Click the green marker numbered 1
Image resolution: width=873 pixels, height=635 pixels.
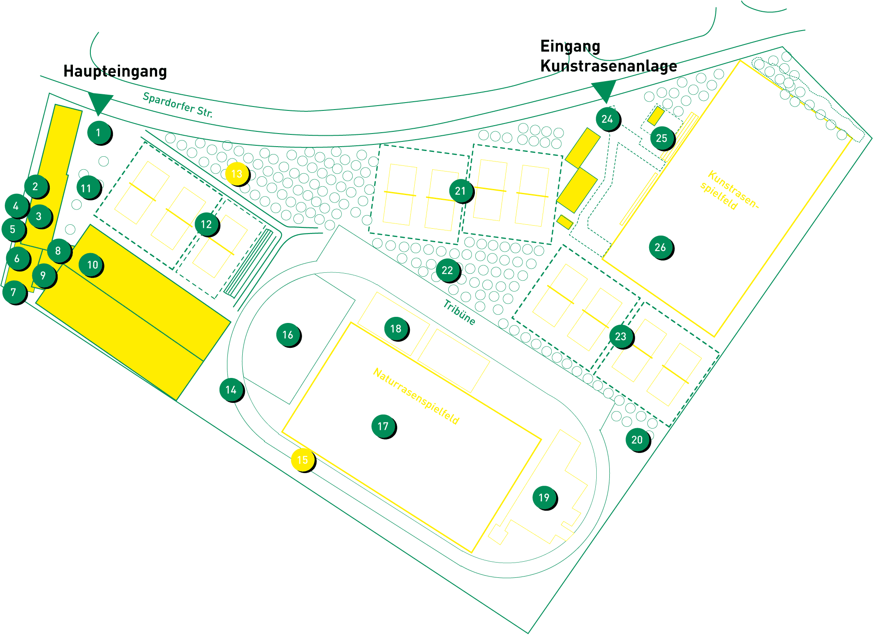[x=99, y=132]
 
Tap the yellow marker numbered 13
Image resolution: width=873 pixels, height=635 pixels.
[x=237, y=174]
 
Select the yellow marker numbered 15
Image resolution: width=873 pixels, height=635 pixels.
[x=302, y=460]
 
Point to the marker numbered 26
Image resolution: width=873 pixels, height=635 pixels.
[x=660, y=247]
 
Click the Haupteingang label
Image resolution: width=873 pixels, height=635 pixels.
[x=115, y=71]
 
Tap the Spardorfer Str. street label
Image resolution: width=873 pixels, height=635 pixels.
[x=178, y=105]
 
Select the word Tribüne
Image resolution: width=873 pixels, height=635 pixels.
[x=459, y=312]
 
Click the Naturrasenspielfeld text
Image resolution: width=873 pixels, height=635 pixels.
[x=416, y=396]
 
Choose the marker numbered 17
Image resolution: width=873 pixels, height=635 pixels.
[x=383, y=426]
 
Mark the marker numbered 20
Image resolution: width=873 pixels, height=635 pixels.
[x=637, y=439]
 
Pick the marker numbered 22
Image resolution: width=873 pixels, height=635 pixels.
[x=447, y=270]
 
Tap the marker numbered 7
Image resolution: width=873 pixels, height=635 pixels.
[x=14, y=292]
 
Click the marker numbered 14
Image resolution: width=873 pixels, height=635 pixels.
[x=231, y=389]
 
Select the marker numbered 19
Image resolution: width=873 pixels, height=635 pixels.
[x=544, y=498]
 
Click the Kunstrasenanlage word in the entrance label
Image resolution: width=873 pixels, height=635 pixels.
[x=608, y=66]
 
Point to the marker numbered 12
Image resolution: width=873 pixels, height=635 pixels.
[x=206, y=224]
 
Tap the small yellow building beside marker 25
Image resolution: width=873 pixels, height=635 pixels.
[x=656, y=116]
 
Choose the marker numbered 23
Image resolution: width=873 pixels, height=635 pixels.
[x=621, y=336]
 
